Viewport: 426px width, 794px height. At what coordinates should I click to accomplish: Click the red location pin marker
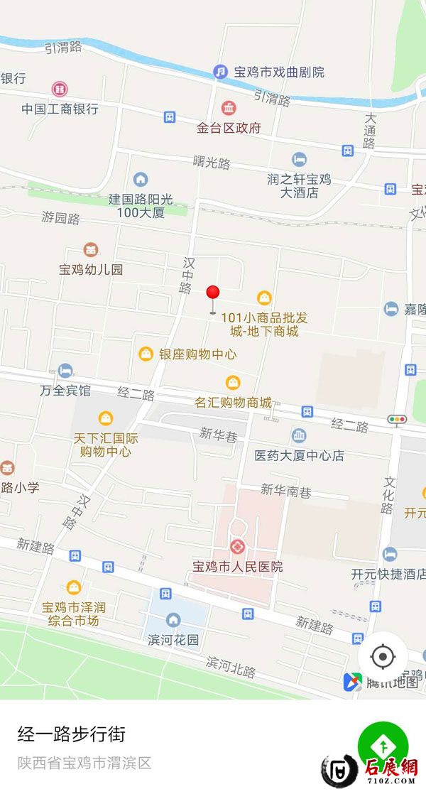coord(212,294)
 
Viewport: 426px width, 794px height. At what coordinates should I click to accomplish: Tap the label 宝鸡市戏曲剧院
coord(278,72)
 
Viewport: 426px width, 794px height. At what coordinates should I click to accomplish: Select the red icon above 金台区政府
coord(229,109)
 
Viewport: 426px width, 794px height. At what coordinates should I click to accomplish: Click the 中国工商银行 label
coord(60,109)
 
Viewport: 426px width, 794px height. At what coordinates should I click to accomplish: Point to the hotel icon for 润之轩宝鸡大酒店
coord(299,160)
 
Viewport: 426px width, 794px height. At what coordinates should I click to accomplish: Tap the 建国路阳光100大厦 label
coord(141,206)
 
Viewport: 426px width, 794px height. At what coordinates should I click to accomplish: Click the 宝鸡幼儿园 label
coord(91,269)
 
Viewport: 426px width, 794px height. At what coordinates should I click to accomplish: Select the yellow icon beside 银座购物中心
coord(146,354)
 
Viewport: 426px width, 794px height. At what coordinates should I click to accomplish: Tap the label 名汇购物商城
coord(234,402)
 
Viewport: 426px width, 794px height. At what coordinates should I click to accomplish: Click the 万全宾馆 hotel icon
coord(65,371)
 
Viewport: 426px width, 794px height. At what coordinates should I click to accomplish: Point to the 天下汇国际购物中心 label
coord(106,445)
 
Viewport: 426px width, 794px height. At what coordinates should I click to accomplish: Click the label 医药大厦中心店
coord(300,455)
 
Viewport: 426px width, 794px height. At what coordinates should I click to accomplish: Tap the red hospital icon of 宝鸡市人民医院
coord(237,547)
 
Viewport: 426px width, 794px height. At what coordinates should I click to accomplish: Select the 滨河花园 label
coord(174,639)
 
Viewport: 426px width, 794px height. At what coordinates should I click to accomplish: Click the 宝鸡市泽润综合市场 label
coord(74,614)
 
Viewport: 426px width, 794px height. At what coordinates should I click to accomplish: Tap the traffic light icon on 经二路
coord(396,420)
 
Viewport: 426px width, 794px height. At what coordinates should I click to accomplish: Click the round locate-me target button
coord(383,657)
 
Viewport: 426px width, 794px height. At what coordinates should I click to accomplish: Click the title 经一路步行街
coord(71,734)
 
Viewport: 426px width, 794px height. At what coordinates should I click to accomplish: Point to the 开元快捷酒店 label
coord(388,573)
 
